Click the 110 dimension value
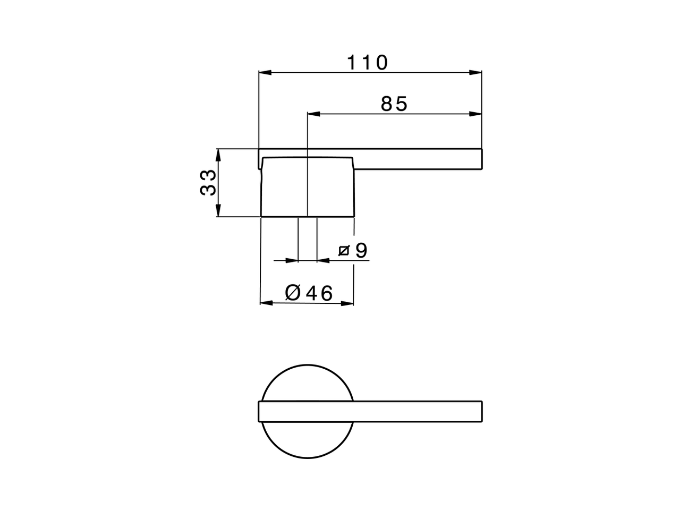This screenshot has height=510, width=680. [368, 63]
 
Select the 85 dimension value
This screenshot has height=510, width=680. [394, 104]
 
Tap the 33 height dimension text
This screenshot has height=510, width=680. [208, 183]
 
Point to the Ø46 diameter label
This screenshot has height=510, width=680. [309, 293]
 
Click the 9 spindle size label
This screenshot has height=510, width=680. [361, 250]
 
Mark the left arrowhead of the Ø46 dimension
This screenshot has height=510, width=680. [266, 303]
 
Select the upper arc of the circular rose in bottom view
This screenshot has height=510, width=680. [307, 365]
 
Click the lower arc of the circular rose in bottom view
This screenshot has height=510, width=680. [307, 458]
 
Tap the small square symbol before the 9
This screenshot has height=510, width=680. [344, 251]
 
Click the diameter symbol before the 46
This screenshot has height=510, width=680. [293, 293]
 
